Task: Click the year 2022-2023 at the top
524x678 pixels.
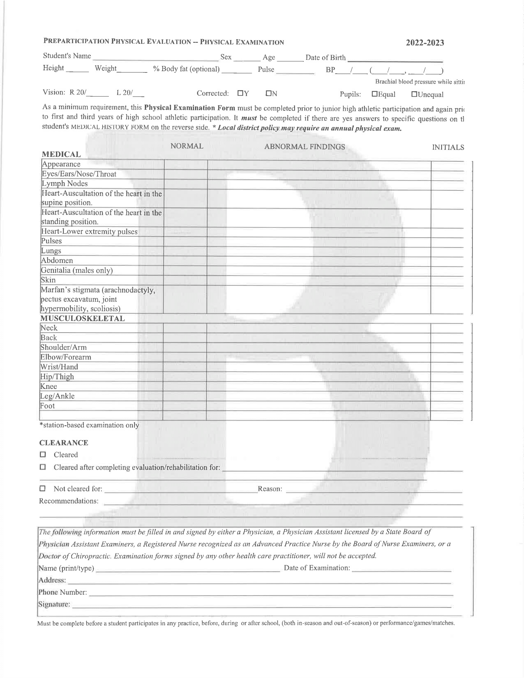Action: coord(425,43)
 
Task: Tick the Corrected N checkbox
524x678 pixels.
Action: coord(268,93)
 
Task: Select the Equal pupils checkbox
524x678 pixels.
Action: coord(375,94)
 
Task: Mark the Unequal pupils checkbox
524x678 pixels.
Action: coord(414,94)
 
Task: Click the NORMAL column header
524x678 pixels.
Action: coord(187,146)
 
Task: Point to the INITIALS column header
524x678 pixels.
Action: coord(448,147)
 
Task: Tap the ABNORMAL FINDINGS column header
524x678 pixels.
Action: coord(305,147)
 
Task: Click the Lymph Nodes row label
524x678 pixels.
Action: coord(64,184)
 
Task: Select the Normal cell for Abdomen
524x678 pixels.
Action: coord(185,261)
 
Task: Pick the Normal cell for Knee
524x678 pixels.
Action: coord(185,386)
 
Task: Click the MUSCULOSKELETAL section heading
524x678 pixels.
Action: coord(83,319)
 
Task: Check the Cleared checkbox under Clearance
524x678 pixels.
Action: coord(43,455)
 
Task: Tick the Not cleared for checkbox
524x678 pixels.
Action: coord(43,489)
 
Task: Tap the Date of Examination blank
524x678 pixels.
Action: coord(401,568)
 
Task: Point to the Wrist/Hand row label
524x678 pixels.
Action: coord(59,367)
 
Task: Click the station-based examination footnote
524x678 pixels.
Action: coord(89,425)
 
